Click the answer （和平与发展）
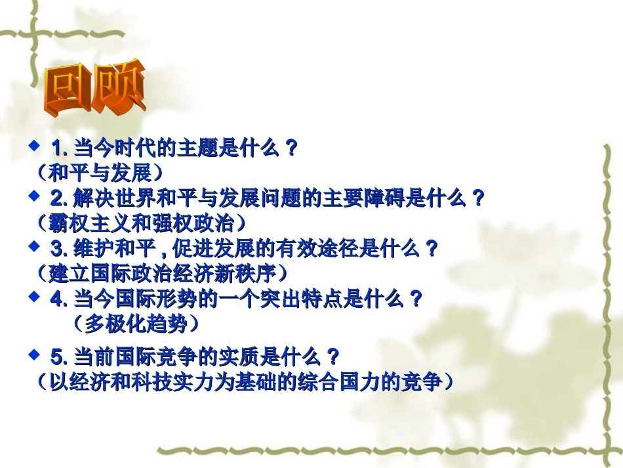(x=99, y=173)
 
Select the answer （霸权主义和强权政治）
(x=142, y=223)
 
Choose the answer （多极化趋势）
(x=134, y=323)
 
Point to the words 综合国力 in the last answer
(x=359, y=382)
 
